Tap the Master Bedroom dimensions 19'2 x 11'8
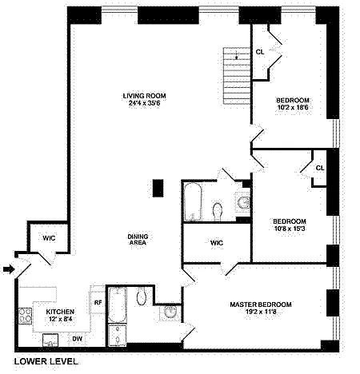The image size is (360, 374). tap(261, 312)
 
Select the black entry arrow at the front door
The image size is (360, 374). tap(9, 269)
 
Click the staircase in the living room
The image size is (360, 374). tap(237, 76)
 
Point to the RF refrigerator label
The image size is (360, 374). tap(98, 303)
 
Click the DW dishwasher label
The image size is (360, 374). tap(77, 339)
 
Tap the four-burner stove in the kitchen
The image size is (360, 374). tap(25, 316)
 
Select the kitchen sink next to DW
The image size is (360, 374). tap(50, 340)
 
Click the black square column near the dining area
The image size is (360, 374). tap(158, 188)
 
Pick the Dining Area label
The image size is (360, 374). tap(138, 240)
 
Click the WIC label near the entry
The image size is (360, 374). tap(49, 238)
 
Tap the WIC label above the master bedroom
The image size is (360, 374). tap(217, 243)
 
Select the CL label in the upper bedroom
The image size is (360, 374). tap(260, 52)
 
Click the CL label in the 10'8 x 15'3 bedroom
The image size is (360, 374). tap(320, 168)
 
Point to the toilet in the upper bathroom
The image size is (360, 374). tap(218, 212)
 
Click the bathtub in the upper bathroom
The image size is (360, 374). tap(192, 201)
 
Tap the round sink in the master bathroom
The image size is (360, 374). tap(170, 312)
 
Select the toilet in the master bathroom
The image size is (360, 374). tap(142, 296)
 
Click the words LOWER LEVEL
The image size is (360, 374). tap(46, 361)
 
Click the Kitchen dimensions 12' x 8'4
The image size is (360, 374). tap(60, 319)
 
